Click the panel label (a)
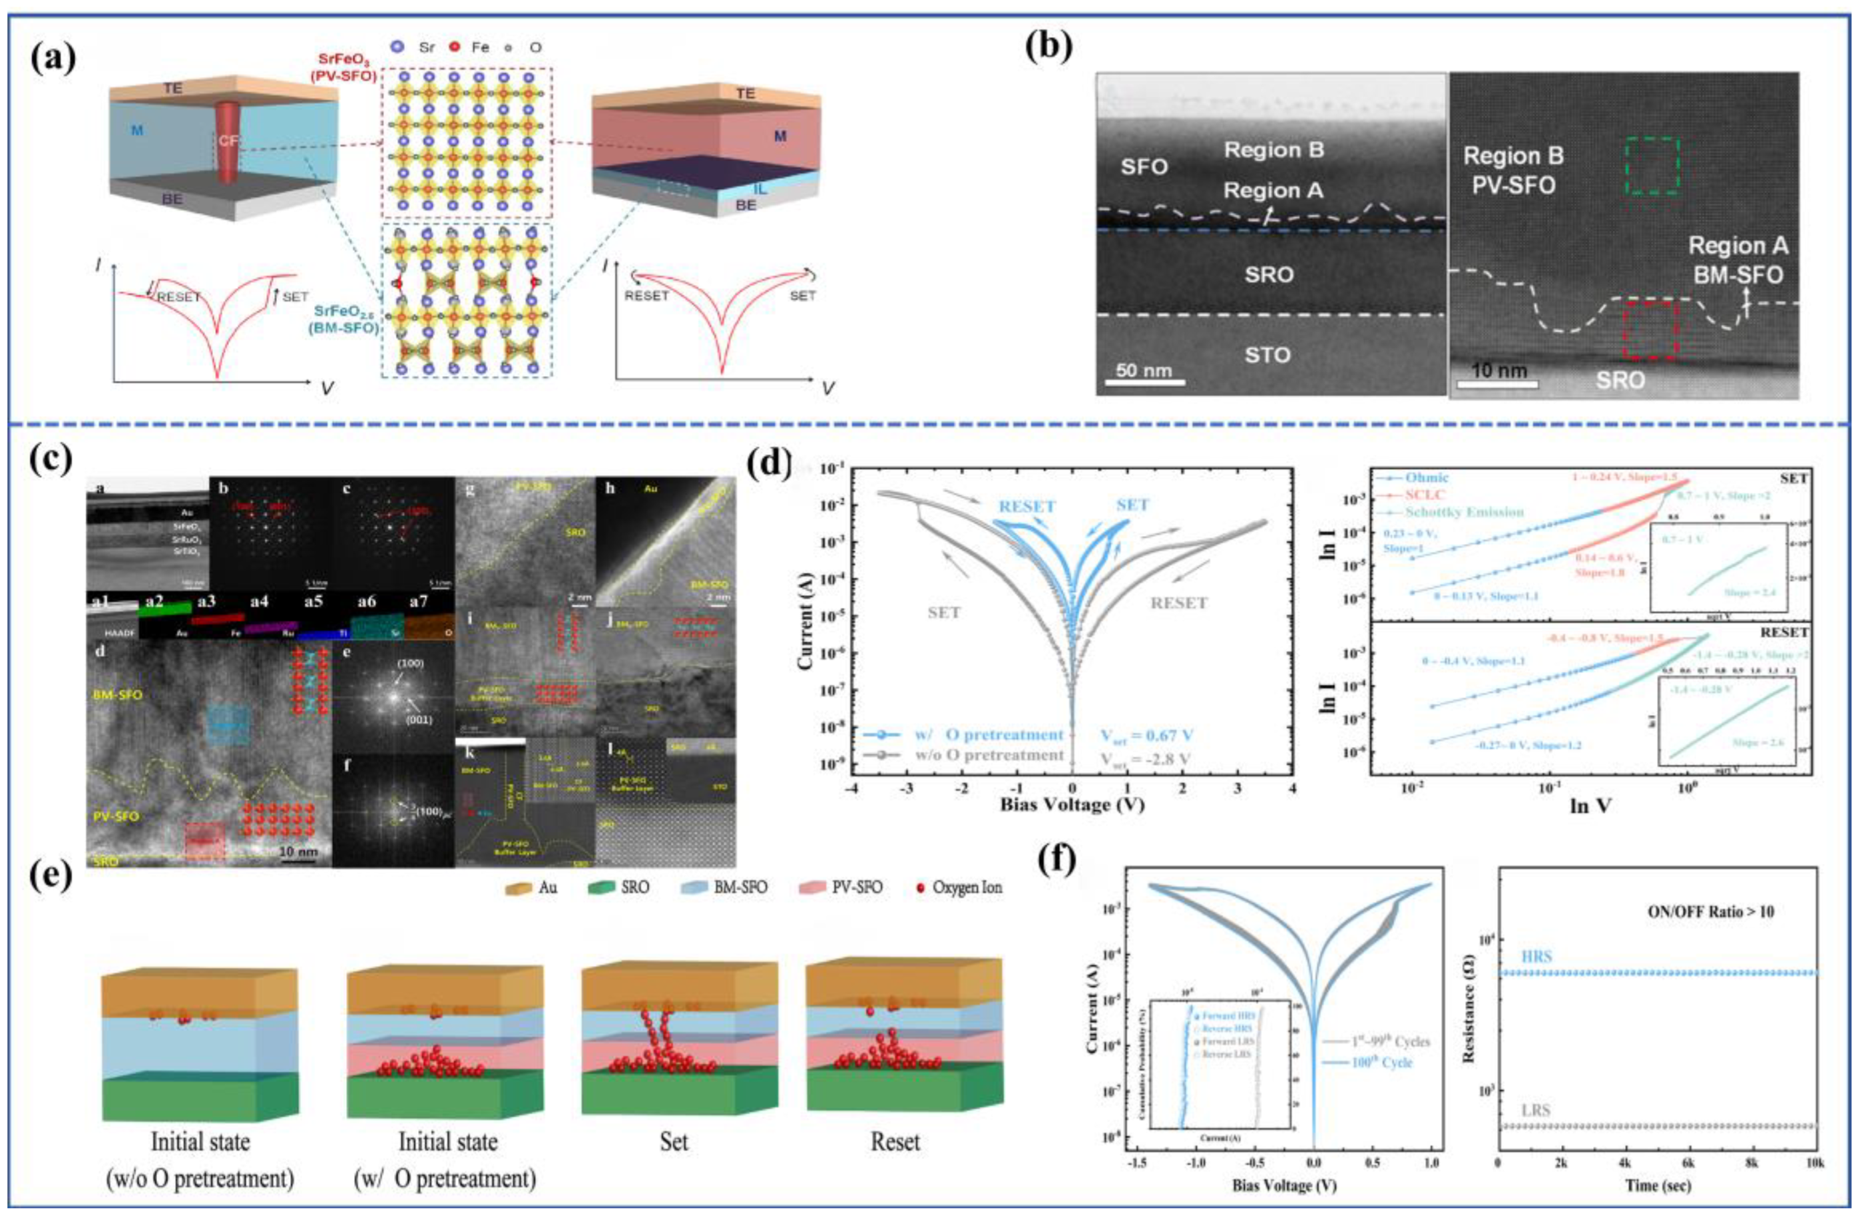[x=53, y=59]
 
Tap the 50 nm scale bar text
[x=1144, y=369]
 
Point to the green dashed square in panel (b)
[x=1652, y=165]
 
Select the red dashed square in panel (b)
[x=1649, y=328]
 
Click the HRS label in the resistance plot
[x=1536, y=956]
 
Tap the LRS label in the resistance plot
[x=1535, y=1110]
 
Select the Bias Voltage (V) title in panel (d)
[x=1071, y=804]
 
